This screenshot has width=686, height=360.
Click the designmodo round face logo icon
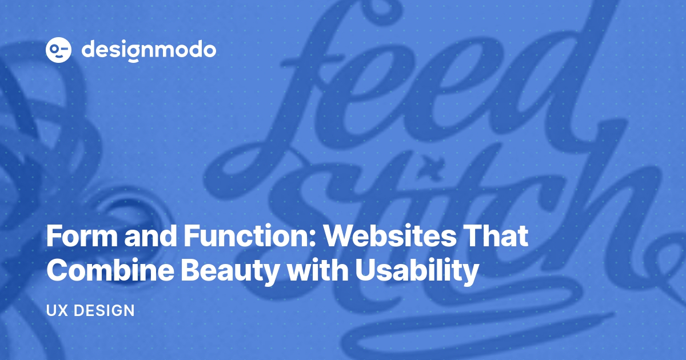point(58,50)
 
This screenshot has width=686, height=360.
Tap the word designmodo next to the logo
point(149,50)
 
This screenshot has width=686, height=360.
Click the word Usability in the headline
point(417,271)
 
